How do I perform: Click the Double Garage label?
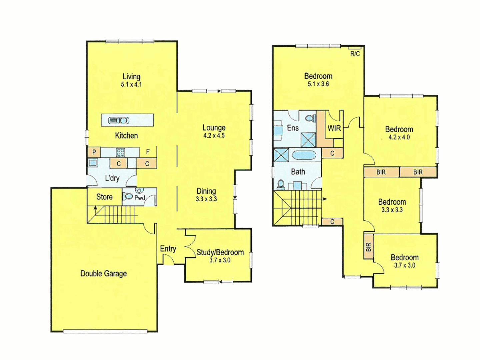104,274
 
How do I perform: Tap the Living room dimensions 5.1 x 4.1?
131,85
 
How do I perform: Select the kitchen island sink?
119,120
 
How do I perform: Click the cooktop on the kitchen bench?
120,153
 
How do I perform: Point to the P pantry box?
94,152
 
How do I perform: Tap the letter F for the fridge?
148,152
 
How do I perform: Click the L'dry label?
112,178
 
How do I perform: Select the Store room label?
104,197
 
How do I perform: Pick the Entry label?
168,249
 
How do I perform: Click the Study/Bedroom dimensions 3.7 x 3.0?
220,260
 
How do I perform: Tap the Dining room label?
206,191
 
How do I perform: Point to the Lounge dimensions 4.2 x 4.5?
214,136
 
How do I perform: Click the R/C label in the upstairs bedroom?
355,54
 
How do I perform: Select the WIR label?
334,128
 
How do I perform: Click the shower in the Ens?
308,140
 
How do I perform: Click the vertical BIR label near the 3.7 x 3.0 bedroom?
368,247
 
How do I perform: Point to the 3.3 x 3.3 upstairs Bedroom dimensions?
392,210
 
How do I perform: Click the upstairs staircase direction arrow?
324,199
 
